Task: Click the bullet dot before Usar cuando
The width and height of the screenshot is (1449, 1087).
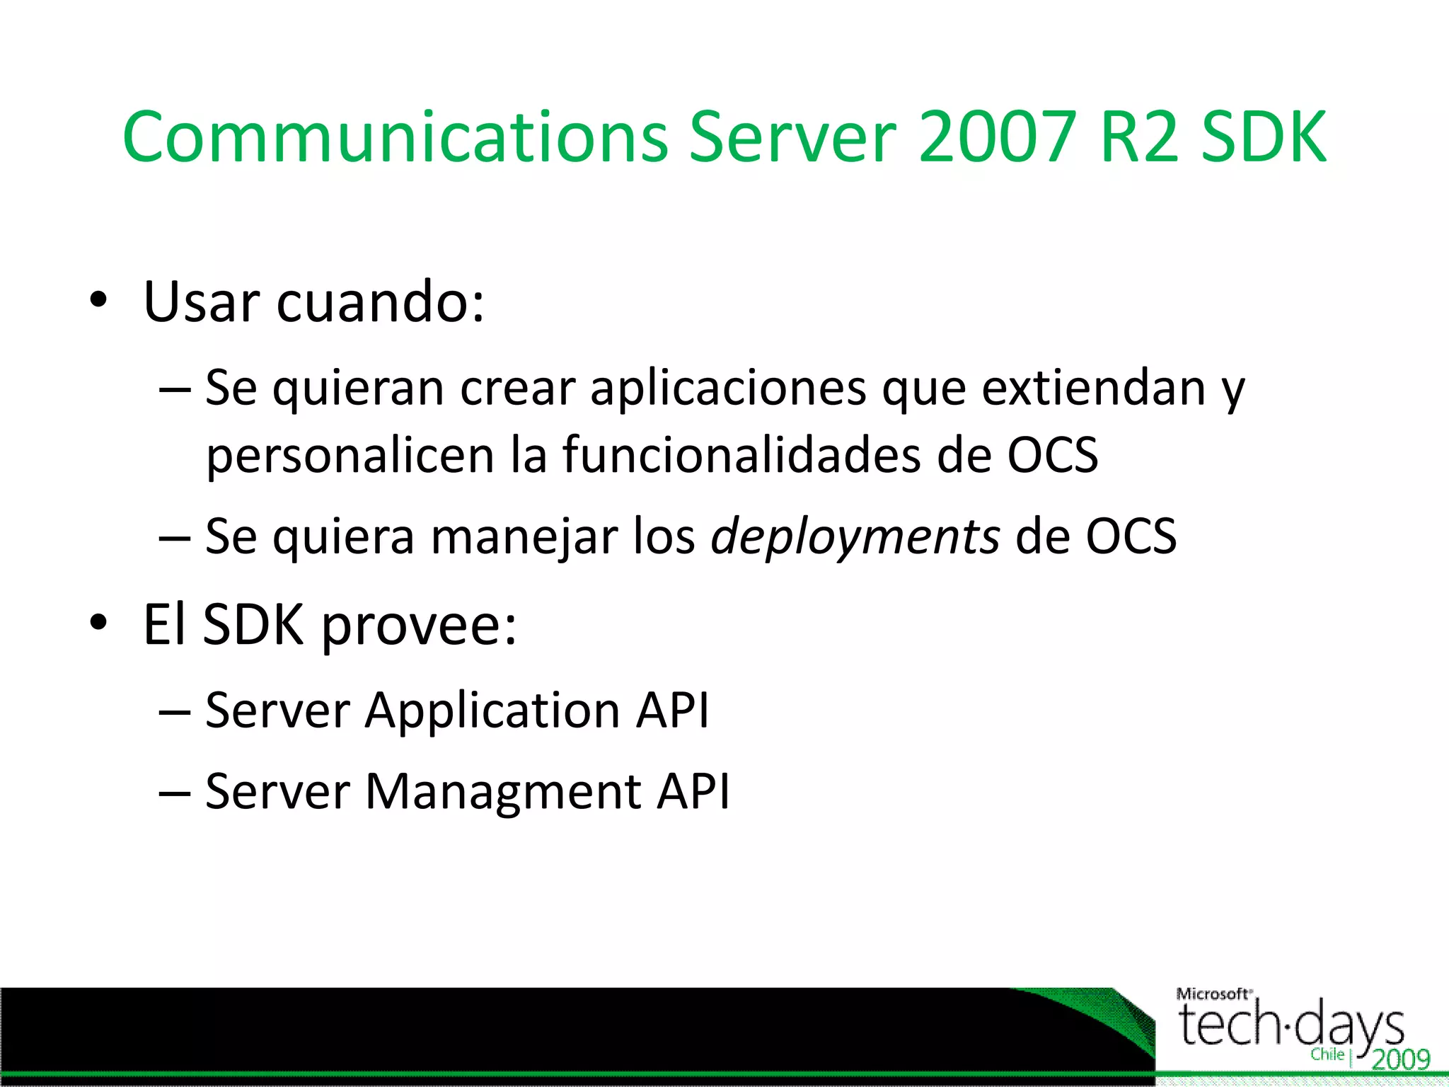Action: pos(98,300)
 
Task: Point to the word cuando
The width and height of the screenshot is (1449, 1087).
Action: pos(380,302)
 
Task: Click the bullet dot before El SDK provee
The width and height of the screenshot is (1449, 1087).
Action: pos(98,623)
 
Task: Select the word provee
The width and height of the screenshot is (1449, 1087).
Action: pos(419,626)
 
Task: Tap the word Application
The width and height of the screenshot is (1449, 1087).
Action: pos(492,711)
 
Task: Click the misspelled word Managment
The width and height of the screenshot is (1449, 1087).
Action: pos(502,793)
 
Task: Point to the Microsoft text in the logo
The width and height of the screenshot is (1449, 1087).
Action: pos(1211,994)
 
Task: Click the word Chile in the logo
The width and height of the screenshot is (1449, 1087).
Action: pos(1327,1054)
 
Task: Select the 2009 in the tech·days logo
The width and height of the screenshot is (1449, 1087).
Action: pos(1401,1059)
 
